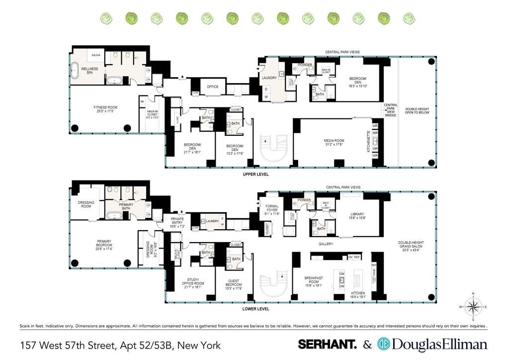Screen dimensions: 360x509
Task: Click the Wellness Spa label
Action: [x=89, y=70]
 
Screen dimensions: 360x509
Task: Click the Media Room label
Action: [x=334, y=143]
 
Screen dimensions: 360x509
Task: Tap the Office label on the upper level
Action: [x=213, y=87]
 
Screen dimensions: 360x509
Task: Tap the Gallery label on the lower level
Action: [x=326, y=244]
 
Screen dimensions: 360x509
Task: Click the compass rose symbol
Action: [x=474, y=306]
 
